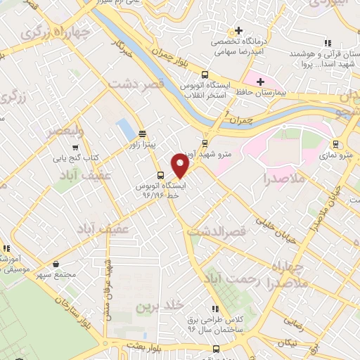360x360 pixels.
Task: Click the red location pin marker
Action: tap(181, 167)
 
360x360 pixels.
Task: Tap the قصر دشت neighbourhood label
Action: tap(136, 82)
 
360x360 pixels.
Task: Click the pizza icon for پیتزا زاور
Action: tap(142, 133)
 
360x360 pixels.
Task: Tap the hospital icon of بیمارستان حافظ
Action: tap(261, 82)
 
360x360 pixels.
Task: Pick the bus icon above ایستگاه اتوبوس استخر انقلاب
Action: tap(205, 75)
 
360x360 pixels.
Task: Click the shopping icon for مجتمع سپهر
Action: tap(56, 264)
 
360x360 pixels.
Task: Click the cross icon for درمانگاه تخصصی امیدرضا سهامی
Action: tap(239, 31)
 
